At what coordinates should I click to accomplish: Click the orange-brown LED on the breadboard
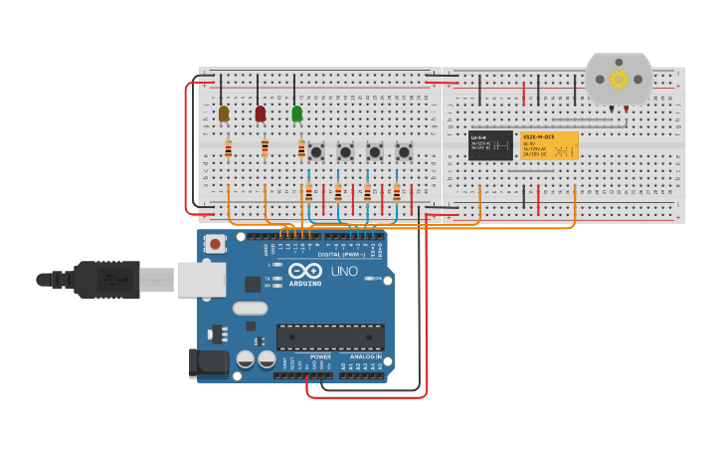pos(224,113)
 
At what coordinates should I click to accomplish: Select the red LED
pos(261,113)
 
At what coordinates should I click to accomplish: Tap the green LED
pos(296,113)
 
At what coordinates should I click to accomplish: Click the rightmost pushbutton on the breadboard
pos(404,152)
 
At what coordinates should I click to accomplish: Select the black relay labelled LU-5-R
pos(490,145)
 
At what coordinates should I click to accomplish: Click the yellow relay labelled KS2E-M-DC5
pos(549,145)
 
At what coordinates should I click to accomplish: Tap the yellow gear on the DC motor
pos(619,79)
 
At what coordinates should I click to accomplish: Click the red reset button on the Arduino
pos(215,243)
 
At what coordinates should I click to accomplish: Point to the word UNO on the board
pos(343,271)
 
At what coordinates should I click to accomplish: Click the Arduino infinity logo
pos(304,271)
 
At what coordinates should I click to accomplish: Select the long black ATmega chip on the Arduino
pos(330,337)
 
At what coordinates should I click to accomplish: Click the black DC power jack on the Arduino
pos(208,363)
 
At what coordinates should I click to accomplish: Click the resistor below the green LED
pos(301,148)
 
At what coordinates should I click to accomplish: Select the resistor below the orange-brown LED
pos(228,148)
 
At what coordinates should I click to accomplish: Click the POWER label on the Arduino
pos(320,356)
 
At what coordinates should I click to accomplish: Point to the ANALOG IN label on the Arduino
pos(365,356)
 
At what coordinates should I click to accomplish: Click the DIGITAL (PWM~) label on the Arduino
pos(340,254)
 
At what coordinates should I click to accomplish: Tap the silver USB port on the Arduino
pos(201,280)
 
